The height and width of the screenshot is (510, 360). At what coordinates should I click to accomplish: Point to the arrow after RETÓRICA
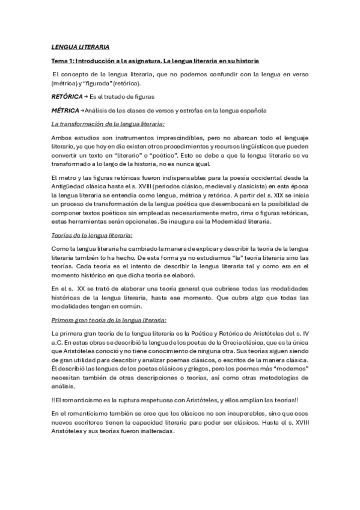tap(86, 96)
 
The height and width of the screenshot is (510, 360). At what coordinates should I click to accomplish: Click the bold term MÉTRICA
tap(65, 111)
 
